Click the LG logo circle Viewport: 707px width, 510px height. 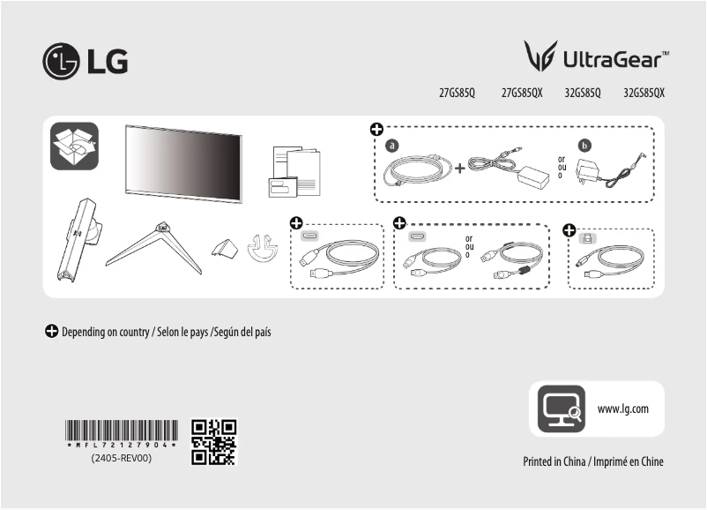[61, 61]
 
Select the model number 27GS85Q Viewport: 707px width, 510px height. [457, 92]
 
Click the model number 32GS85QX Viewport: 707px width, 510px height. [644, 92]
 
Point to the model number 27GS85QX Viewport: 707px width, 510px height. [522, 92]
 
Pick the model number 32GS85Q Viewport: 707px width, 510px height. [583, 92]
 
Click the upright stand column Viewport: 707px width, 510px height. [77, 238]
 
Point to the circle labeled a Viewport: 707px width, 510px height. [392, 145]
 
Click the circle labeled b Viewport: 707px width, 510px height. [583, 145]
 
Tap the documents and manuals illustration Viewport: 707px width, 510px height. [294, 171]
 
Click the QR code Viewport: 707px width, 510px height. [214, 442]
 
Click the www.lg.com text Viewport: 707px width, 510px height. [623, 409]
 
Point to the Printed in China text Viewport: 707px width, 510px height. [592, 461]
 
